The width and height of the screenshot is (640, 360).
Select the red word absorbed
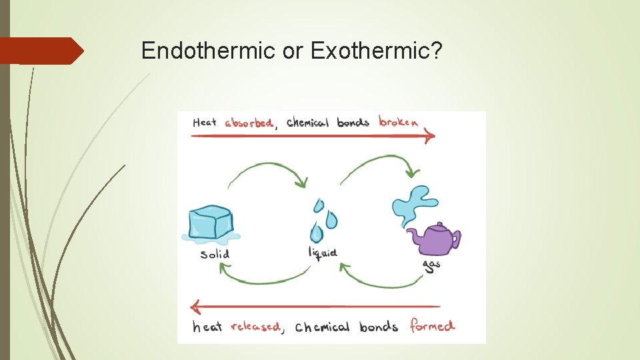249,123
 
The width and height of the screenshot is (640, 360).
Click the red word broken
399,121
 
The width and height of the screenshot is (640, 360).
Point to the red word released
255,327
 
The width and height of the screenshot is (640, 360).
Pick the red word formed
432,326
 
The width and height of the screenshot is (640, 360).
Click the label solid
215,254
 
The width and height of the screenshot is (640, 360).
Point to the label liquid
323,252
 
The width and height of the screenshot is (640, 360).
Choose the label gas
431,265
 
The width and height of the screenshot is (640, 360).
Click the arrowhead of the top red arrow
430,136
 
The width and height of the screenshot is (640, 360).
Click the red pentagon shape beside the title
40,51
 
